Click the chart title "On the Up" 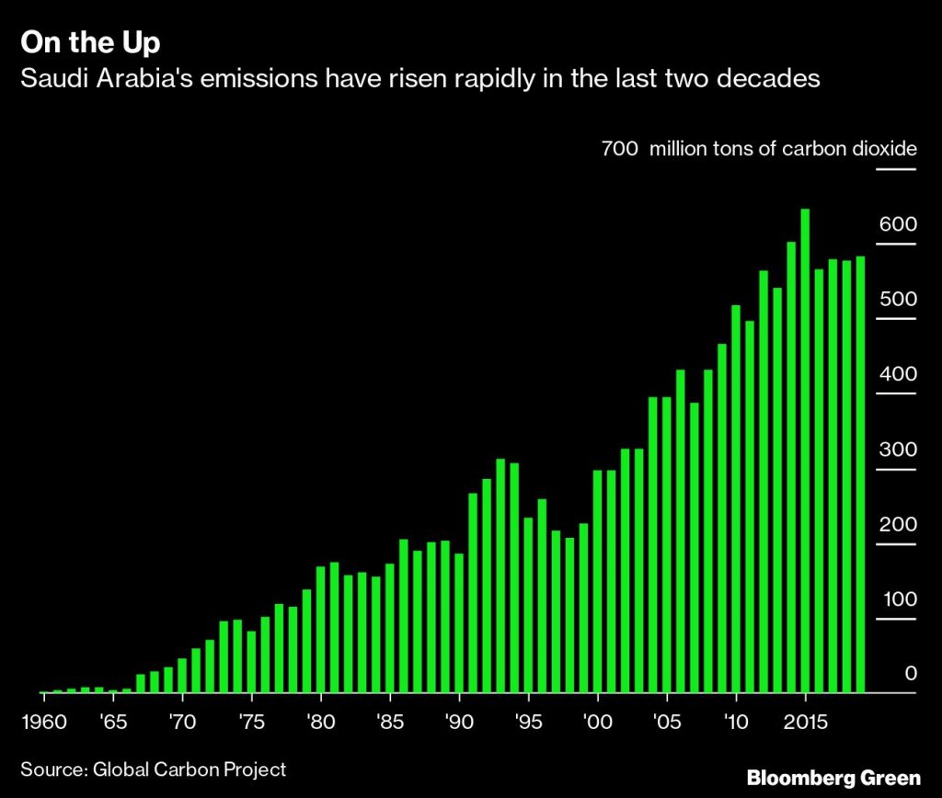pyautogui.click(x=90, y=43)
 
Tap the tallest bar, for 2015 pyautogui.click(x=805, y=450)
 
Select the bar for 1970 pyautogui.click(x=182, y=675)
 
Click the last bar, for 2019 pyautogui.click(x=860, y=474)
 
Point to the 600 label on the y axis pyautogui.click(x=898, y=224)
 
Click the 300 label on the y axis pyautogui.click(x=898, y=450)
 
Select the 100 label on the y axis pyautogui.click(x=898, y=599)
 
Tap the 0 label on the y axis pyautogui.click(x=911, y=674)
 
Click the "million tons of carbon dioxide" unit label pyautogui.click(x=783, y=148)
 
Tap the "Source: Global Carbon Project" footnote pyautogui.click(x=154, y=769)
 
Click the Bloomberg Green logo pyautogui.click(x=832, y=778)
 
